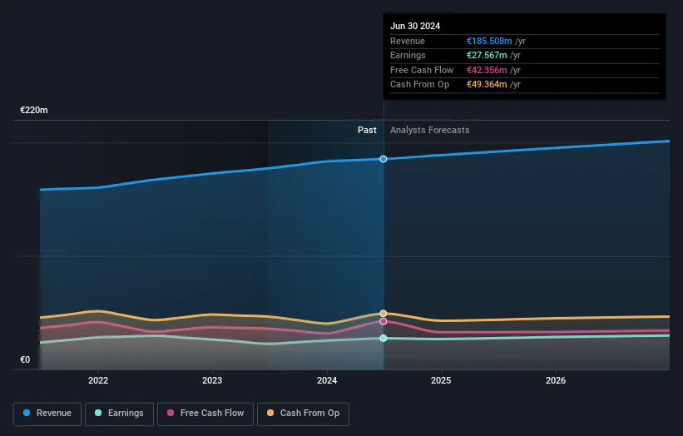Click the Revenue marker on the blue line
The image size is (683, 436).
click(384, 159)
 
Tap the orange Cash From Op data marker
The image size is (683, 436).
click(384, 313)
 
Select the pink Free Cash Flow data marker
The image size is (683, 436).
click(384, 321)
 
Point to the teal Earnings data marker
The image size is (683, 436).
click(384, 338)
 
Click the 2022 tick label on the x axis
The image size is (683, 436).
click(98, 380)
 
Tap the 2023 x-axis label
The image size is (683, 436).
click(212, 380)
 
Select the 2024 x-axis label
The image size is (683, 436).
click(327, 380)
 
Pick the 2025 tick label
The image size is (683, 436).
click(441, 380)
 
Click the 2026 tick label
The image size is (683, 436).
click(556, 380)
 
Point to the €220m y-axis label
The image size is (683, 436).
click(34, 110)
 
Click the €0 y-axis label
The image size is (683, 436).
click(25, 359)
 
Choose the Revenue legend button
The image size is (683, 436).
click(47, 414)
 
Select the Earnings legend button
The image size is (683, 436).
click(119, 414)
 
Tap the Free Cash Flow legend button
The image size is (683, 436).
click(205, 414)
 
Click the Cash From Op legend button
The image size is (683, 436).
click(303, 414)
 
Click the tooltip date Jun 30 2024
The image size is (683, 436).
click(415, 26)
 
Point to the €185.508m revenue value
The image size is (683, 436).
click(489, 41)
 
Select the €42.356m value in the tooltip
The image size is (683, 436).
click(487, 70)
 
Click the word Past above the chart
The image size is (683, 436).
click(367, 131)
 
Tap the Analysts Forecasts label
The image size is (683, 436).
click(430, 131)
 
